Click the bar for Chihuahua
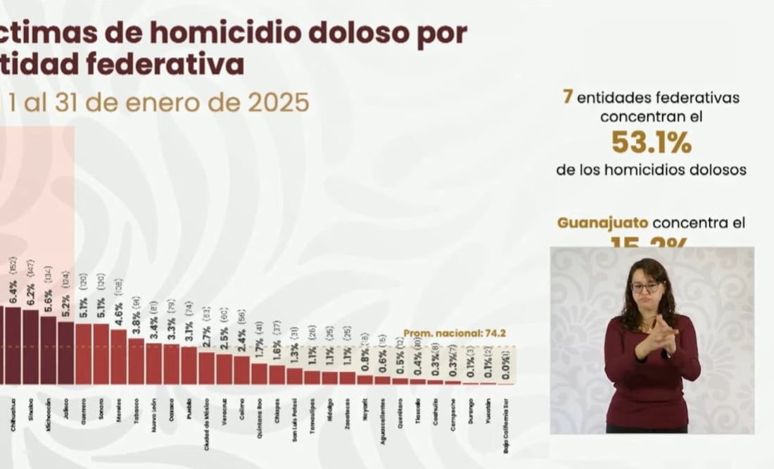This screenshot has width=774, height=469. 13,345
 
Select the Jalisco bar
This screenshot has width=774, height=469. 66,352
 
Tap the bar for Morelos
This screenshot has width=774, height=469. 119,356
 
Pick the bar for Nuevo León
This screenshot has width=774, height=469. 154,363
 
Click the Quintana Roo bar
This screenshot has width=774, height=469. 260,373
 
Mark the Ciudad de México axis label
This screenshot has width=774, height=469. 207,419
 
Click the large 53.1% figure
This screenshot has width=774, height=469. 651,143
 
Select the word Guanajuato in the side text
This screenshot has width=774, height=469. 602,223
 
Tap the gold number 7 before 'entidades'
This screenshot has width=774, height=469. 567,96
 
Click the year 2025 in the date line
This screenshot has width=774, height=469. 278,103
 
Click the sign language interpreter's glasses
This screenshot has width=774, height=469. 646,287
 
